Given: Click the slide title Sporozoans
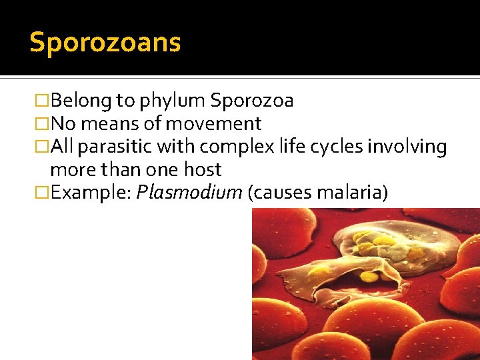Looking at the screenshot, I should pos(105,43).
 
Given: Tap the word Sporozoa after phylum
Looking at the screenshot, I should pos(251,101).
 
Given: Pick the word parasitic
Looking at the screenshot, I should pos(110,146).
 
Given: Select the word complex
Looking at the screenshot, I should pos(227,146).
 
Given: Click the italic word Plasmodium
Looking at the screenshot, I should pos(189,193).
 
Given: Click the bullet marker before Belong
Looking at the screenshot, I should pos(41,101).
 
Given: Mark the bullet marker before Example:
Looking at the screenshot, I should pos(41,193).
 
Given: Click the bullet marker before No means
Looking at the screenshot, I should pos(41,124).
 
